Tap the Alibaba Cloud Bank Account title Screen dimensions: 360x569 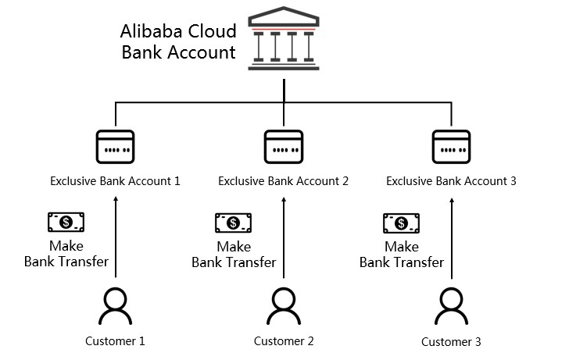[x=177, y=42]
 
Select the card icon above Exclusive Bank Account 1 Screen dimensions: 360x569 [x=115, y=145]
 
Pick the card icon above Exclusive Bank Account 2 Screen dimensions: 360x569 [x=283, y=145]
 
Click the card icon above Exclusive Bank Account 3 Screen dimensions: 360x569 [x=451, y=145]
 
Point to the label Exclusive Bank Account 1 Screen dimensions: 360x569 [x=115, y=181]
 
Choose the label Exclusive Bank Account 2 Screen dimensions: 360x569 [x=283, y=181]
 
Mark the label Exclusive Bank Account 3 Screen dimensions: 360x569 [x=452, y=181]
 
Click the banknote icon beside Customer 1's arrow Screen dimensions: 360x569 [x=66, y=223]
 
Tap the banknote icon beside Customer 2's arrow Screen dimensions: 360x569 [x=233, y=223]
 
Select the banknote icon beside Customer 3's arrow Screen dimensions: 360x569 [x=401, y=223]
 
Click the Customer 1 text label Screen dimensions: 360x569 [x=115, y=340]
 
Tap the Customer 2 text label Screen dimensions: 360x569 [x=284, y=340]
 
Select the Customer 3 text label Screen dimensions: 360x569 [x=451, y=341]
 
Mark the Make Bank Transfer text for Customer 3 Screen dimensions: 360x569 [x=401, y=255]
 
